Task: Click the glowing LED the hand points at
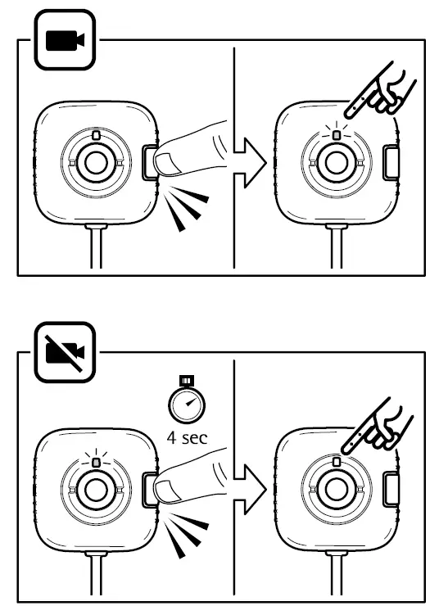[x=337, y=134]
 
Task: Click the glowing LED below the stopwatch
[x=96, y=462]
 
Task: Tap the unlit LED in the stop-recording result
[x=337, y=462]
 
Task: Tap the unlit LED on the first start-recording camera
[x=96, y=134]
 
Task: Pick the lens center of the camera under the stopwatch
[x=96, y=491]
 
